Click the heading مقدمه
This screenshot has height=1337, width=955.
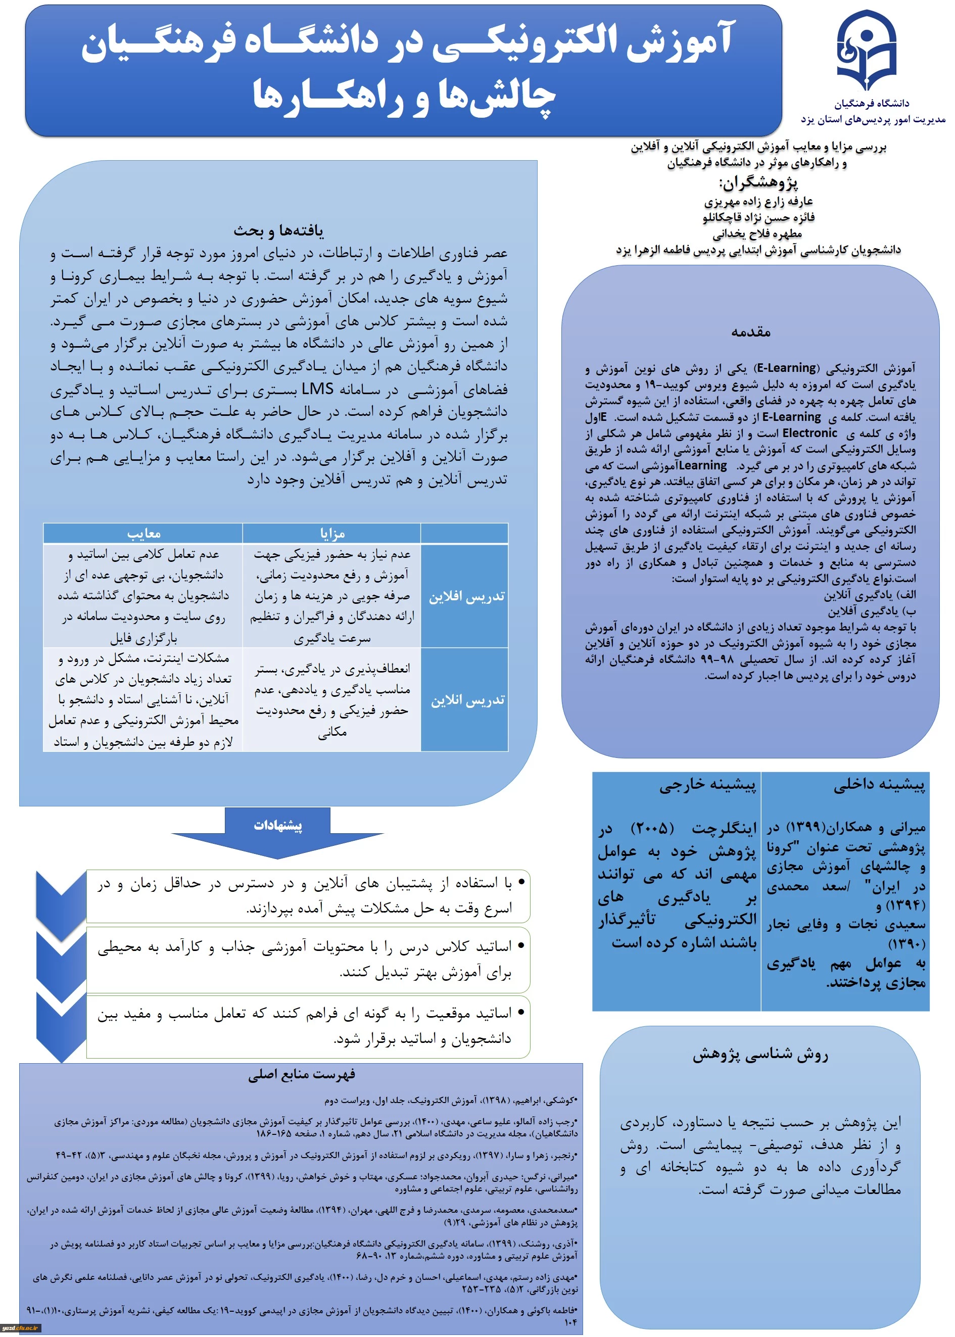[751, 332]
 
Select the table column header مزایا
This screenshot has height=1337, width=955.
[332, 533]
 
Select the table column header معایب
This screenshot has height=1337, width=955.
[144, 533]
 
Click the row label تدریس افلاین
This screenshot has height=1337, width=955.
[466, 597]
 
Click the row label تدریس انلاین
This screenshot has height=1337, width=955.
[467, 700]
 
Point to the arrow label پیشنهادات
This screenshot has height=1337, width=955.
[277, 826]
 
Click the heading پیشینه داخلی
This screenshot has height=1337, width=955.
[879, 785]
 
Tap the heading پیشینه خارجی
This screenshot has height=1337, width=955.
[707, 785]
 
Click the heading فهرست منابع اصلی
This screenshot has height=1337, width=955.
[301, 1074]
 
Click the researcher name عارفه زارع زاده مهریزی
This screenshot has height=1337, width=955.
[758, 202]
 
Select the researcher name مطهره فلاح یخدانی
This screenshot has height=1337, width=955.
[757, 234]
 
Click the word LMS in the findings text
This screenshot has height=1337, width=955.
[317, 389]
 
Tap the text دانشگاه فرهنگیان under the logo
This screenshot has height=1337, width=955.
[872, 104]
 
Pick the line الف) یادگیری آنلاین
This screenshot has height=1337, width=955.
[870, 595]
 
